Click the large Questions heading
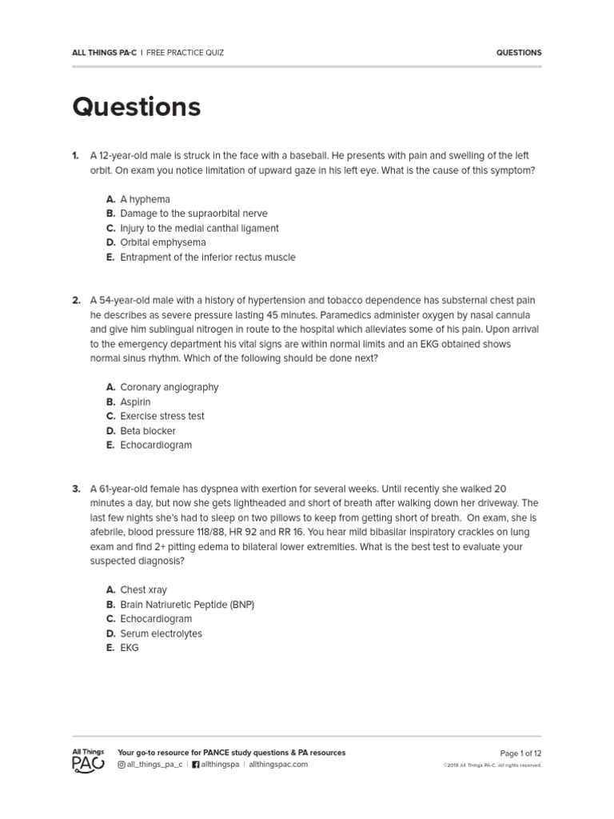coord(136,106)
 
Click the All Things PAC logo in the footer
coord(88,759)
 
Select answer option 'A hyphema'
coord(145,199)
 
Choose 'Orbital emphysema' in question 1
coord(162,242)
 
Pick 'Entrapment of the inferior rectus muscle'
coord(207,258)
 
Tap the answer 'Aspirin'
coord(135,402)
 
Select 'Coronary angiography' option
coord(169,387)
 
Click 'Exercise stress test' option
coord(161,416)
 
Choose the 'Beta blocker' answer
coord(148,431)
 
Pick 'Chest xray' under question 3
coord(143,589)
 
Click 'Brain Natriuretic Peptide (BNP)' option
coord(187,605)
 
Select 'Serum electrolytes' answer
coord(161,633)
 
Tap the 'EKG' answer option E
coord(130,648)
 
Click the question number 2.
coord(76,301)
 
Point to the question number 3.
coord(76,489)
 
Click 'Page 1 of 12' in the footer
coord(520,753)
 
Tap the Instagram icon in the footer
coord(122,765)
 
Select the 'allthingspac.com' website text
coord(278,765)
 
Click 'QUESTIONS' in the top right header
coord(519,53)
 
